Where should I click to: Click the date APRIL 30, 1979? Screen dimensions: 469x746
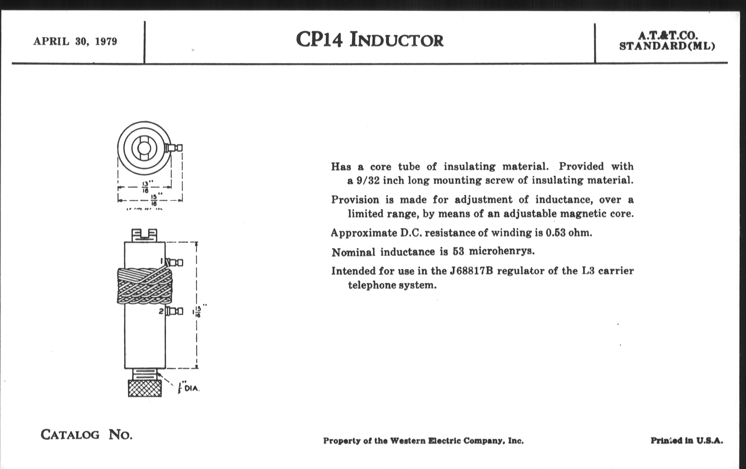coord(75,41)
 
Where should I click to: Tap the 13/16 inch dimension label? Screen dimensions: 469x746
coord(145,187)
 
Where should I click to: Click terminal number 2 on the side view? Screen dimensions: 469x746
coord(161,311)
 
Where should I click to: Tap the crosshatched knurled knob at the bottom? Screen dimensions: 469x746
coord(145,388)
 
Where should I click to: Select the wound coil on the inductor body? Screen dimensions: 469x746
coord(144,286)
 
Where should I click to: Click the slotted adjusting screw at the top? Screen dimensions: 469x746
coord(144,235)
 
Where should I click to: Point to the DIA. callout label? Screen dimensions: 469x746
coord(191,388)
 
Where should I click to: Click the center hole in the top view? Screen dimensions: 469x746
coord(144,148)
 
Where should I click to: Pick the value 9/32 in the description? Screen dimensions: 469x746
coord(368,181)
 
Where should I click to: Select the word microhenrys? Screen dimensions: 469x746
coord(502,251)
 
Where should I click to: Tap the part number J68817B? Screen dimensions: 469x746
coord(471,271)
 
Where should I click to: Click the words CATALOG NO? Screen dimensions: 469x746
coord(87,435)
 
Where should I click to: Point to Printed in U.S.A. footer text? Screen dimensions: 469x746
coord(686,440)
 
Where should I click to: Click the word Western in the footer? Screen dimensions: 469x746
coord(407,441)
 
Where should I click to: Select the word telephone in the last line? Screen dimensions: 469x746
coord(372,285)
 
